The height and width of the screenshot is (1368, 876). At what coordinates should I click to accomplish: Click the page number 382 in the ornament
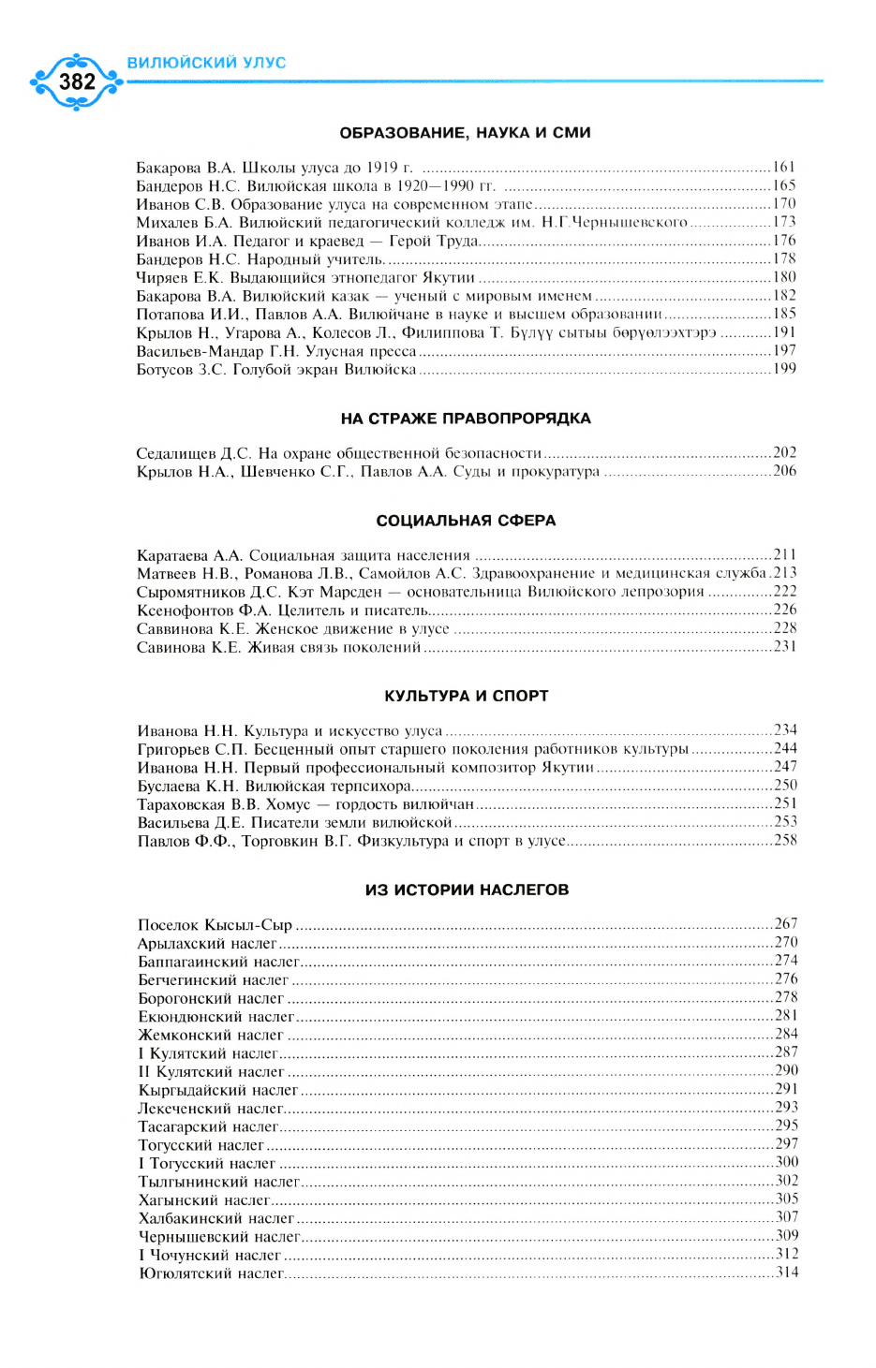point(77,82)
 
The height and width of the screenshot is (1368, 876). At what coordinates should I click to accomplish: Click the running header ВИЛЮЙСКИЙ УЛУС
point(206,63)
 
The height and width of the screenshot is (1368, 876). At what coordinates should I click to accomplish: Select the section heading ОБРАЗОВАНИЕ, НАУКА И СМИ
point(465,133)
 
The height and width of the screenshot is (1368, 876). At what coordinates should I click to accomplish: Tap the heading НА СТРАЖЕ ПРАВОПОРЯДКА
point(466,419)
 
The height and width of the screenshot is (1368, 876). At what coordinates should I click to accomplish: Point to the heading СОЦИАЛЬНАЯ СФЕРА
point(466,521)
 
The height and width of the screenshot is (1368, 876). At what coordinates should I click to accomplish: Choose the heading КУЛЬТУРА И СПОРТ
point(466,696)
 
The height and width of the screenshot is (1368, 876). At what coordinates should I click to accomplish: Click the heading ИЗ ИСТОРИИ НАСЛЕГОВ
point(467,890)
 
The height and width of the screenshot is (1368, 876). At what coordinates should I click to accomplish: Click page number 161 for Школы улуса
point(784,168)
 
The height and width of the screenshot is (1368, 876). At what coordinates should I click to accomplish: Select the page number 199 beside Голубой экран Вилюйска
point(784,369)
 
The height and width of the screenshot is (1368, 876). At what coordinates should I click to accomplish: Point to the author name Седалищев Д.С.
point(193,453)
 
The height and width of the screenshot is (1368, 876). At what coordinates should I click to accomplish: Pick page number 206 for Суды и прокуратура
point(784,471)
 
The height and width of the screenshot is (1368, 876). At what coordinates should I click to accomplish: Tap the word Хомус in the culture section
point(288,804)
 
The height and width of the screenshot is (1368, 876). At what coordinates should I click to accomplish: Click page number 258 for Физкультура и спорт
point(785,840)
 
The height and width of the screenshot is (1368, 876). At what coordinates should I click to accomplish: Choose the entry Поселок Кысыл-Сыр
point(215,925)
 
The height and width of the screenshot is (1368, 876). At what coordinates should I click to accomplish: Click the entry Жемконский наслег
point(211,1036)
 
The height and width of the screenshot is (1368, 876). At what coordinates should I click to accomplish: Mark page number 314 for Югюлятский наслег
point(787,1272)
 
